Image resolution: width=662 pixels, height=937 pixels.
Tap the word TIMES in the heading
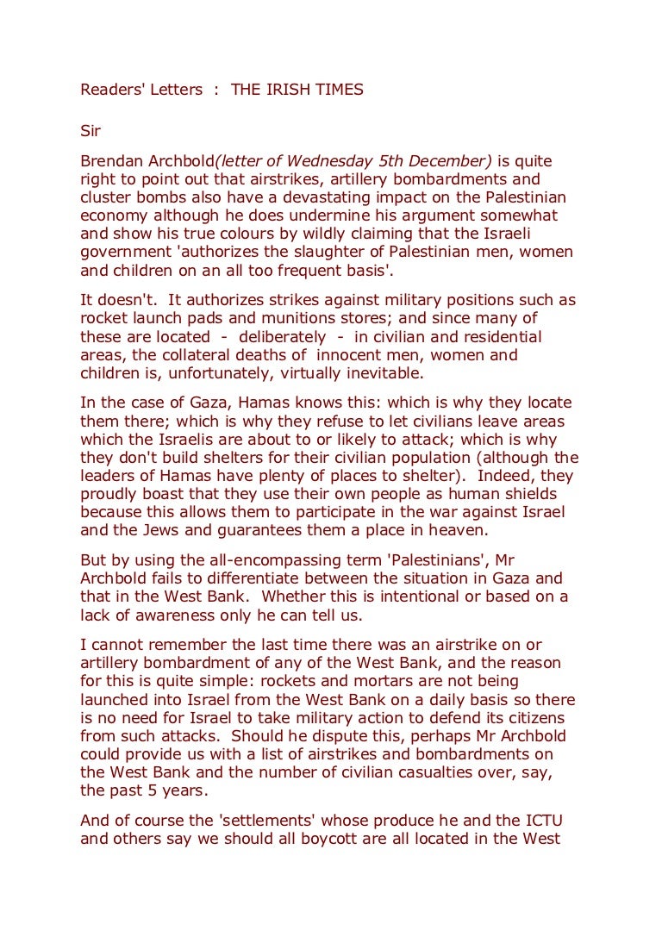click(x=336, y=90)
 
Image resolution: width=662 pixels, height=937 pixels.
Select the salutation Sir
click(x=91, y=131)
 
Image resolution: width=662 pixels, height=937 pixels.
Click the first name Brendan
click(x=111, y=161)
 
